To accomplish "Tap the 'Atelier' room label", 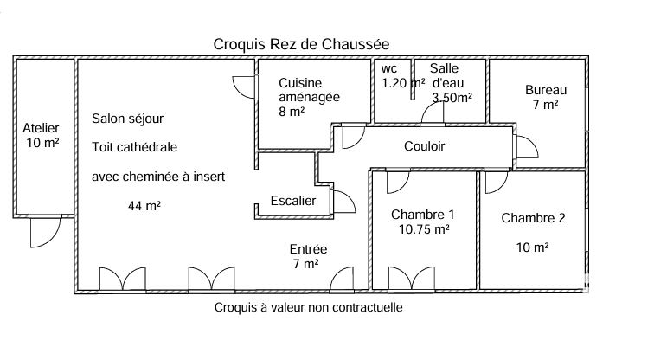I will pyautogui.click(x=40, y=128).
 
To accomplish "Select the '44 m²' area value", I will pyautogui.click(x=144, y=206).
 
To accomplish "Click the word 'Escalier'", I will pyautogui.click(x=293, y=201).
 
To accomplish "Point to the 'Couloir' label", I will pyautogui.click(x=424, y=146).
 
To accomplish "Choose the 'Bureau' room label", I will pyautogui.click(x=546, y=90).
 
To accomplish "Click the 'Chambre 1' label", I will pyautogui.click(x=422, y=215).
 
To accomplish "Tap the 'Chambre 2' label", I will pyautogui.click(x=533, y=218).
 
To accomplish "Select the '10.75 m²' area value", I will pyautogui.click(x=423, y=229).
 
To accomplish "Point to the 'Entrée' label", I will pyautogui.click(x=308, y=249).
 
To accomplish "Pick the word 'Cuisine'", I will pyautogui.click(x=298, y=82).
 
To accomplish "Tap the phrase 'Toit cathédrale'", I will pyautogui.click(x=135, y=147).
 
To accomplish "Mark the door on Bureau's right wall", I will pyautogui.click(x=525, y=148).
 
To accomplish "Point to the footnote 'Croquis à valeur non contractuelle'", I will pyautogui.click(x=308, y=307).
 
